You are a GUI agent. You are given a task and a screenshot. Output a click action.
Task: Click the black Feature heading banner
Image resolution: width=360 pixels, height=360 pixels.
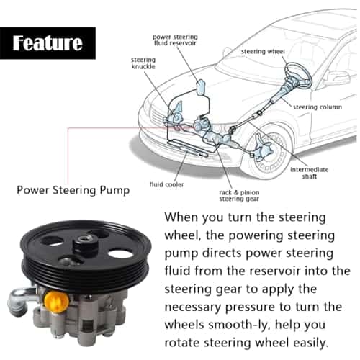click(48, 43)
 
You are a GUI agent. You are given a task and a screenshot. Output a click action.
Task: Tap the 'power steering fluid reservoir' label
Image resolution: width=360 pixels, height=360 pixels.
click(175, 40)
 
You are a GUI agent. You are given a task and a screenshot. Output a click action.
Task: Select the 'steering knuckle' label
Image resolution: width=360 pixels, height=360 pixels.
click(143, 63)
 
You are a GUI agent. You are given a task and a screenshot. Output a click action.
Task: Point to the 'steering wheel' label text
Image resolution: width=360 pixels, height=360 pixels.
click(263, 52)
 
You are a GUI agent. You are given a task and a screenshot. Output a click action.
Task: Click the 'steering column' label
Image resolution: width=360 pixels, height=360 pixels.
click(318, 107)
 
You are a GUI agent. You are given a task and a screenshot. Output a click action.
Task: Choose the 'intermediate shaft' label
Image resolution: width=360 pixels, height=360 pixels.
click(310, 173)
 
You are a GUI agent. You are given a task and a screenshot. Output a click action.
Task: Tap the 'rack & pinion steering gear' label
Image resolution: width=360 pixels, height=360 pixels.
click(239, 196)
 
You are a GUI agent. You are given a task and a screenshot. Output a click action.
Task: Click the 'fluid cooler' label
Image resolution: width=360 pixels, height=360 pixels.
click(166, 184)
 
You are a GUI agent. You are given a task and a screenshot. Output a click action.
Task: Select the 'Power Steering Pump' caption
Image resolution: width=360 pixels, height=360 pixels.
click(73, 190)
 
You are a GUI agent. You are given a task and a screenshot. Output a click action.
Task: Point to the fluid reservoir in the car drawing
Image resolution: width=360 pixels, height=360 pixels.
click(202, 87)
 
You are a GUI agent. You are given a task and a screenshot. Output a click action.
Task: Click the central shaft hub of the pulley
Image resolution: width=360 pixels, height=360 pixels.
click(86, 243)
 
